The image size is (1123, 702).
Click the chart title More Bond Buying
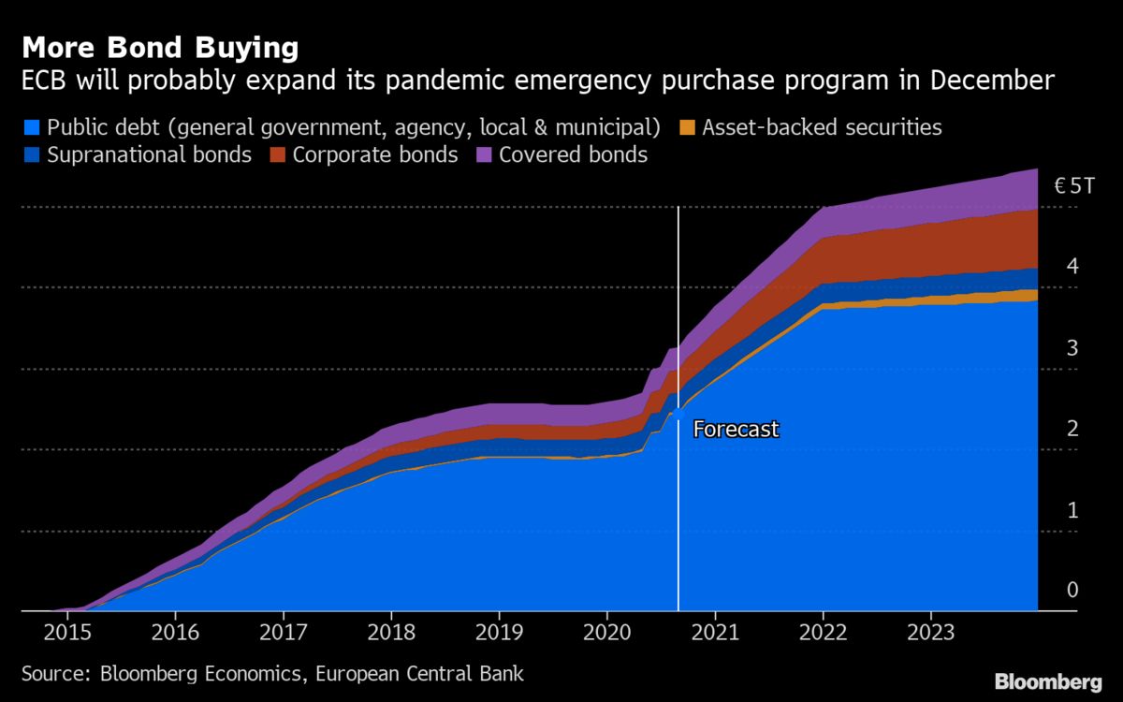point(160,47)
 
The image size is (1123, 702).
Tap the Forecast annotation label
point(736,430)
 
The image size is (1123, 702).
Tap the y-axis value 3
point(1072,348)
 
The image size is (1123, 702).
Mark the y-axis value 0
point(1072,590)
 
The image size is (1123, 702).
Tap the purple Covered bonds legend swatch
point(484,155)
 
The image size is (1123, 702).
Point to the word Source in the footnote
point(49,674)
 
